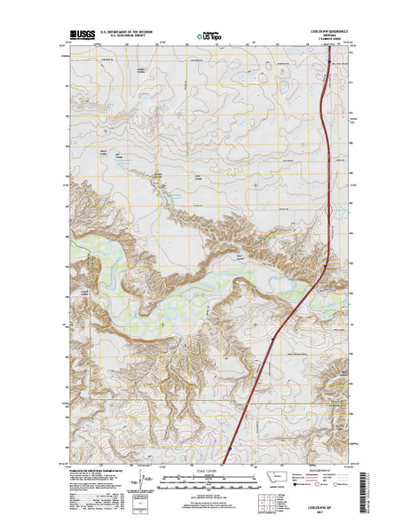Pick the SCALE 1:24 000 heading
[209, 471]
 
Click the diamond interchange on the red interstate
[327, 211]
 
